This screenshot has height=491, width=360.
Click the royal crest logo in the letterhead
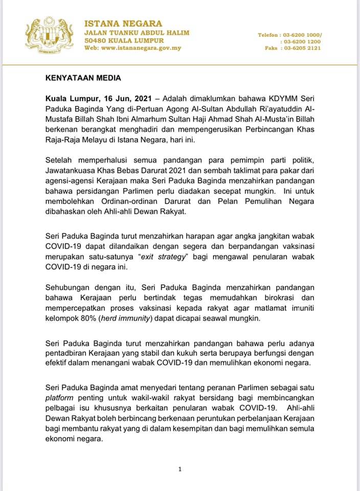[x=50, y=35]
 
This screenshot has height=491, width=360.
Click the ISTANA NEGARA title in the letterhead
[x=123, y=24]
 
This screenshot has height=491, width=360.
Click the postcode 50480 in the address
[x=96, y=40]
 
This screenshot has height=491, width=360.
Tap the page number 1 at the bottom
[x=179, y=468]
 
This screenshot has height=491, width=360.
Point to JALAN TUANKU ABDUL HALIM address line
[x=137, y=32]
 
